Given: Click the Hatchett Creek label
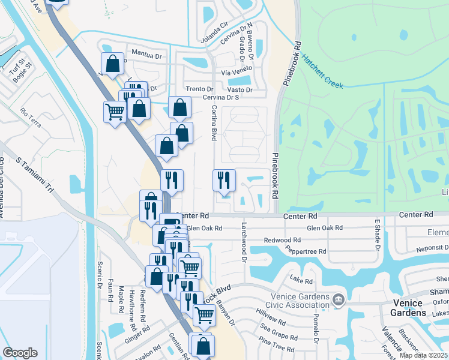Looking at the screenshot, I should click(322, 72).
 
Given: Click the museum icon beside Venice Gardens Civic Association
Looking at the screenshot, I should click(339, 299).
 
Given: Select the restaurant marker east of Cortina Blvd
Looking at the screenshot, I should click(223, 181).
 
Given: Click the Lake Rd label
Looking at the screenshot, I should click(301, 280).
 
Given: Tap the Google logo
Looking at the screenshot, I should click(20, 353).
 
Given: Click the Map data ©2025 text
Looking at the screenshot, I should click(423, 355).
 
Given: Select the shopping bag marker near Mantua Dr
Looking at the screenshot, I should click(113, 64).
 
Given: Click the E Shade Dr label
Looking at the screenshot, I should click(378, 235).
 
